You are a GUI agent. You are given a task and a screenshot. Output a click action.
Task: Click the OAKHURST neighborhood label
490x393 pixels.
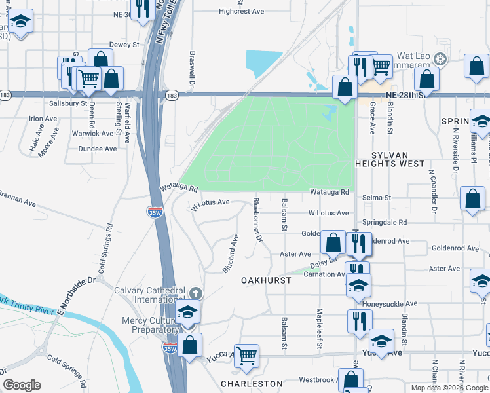pyautogui.click(x=265, y=280)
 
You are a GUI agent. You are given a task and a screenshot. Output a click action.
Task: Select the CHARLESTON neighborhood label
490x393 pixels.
pyautogui.click(x=252, y=384)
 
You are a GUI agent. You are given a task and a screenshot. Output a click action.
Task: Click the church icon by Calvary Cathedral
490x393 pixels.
pyautogui.click(x=195, y=293)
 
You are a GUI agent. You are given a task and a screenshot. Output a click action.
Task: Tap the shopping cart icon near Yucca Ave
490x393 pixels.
pyautogui.click(x=247, y=356)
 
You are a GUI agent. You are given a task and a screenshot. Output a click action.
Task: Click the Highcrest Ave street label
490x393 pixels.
pyautogui.click(x=241, y=12)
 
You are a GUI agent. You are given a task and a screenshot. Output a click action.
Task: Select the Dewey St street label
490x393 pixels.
pyautogui.click(x=124, y=45)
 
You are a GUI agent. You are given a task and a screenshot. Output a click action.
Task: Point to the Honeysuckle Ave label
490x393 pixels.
pyautogui.click(x=392, y=303)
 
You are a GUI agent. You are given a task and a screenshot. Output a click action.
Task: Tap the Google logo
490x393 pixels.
pyautogui.click(x=22, y=385)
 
